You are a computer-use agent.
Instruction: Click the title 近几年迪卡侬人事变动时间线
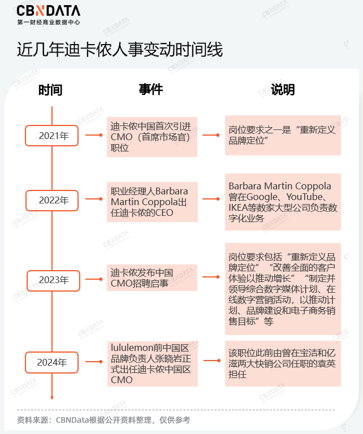point(120,50)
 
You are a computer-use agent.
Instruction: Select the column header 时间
point(50,90)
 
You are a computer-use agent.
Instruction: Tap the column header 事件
point(151,89)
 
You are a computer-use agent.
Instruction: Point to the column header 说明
point(283,89)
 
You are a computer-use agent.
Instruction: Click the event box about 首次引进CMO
point(152,136)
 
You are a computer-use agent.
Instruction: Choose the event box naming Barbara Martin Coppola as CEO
point(152,199)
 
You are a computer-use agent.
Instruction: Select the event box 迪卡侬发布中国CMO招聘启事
point(152,277)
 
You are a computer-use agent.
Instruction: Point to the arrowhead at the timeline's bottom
point(52,396)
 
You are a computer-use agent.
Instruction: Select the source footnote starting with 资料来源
point(103,420)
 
